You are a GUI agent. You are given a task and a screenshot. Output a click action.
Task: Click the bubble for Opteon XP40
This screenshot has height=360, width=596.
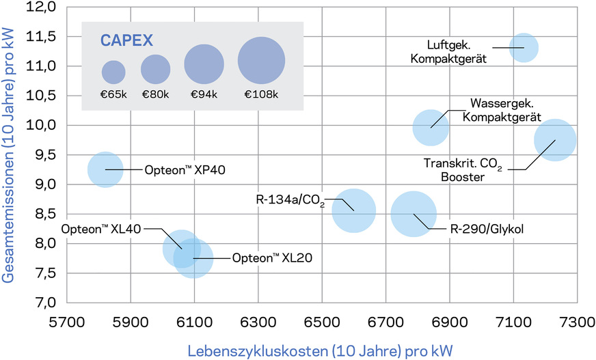(x=105, y=169)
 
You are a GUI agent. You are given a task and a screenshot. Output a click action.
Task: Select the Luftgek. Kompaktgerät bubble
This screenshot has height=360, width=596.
(x=524, y=48)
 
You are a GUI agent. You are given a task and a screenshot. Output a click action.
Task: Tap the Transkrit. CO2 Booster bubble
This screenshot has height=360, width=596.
(x=555, y=140)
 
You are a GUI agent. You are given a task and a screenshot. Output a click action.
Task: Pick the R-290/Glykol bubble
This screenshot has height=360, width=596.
(x=414, y=214)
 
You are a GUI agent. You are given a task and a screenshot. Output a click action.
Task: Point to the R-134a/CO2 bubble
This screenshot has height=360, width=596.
(x=353, y=210)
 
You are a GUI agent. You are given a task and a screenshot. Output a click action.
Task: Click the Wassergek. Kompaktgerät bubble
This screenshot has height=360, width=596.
(x=431, y=127)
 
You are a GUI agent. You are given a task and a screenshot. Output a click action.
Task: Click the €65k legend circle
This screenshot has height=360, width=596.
(x=114, y=72)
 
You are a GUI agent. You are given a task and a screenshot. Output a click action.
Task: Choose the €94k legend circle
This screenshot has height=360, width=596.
(x=205, y=66)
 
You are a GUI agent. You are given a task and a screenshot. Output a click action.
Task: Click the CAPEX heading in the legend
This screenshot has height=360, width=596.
(x=127, y=39)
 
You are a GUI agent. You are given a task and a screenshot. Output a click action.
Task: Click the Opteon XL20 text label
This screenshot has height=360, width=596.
(x=266, y=258)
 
